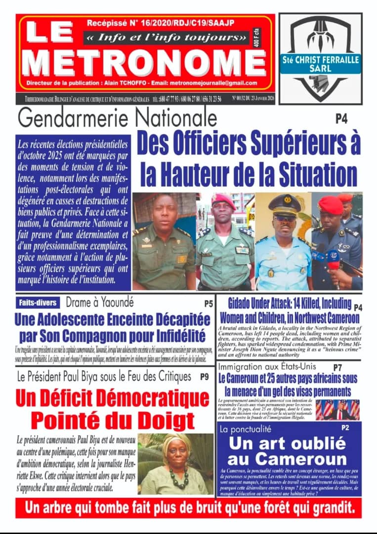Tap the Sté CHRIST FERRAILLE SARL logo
pyautogui.click(x=321, y=59)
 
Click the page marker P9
pyautogui.click(x=204, y=377)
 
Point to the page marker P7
pyautogui.click(x=337, y=367)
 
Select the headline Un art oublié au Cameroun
pyautogui.click(x=287, y=450)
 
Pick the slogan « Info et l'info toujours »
pyautogui.click(x=166, y=37)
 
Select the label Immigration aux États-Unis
pyautogui.click(x=267, y=367)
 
